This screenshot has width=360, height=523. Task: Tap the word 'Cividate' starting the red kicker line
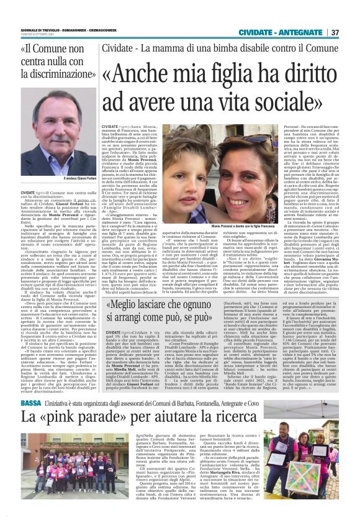[x=116, y=48]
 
